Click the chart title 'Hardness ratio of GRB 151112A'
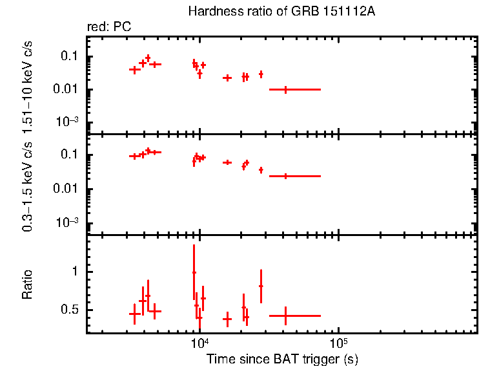281,12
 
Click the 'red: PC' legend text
110,27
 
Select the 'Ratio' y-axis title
27,285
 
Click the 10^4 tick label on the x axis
199,343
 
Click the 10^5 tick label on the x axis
338,343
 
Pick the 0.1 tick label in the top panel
69,56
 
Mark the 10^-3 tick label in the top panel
67,122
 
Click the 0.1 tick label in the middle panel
69,155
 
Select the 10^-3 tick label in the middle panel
67,222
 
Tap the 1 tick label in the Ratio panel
75,272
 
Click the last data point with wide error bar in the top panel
285,89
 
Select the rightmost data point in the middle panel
285,176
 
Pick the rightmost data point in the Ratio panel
285,316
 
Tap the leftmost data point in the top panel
134,69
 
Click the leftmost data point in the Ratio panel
134,314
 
